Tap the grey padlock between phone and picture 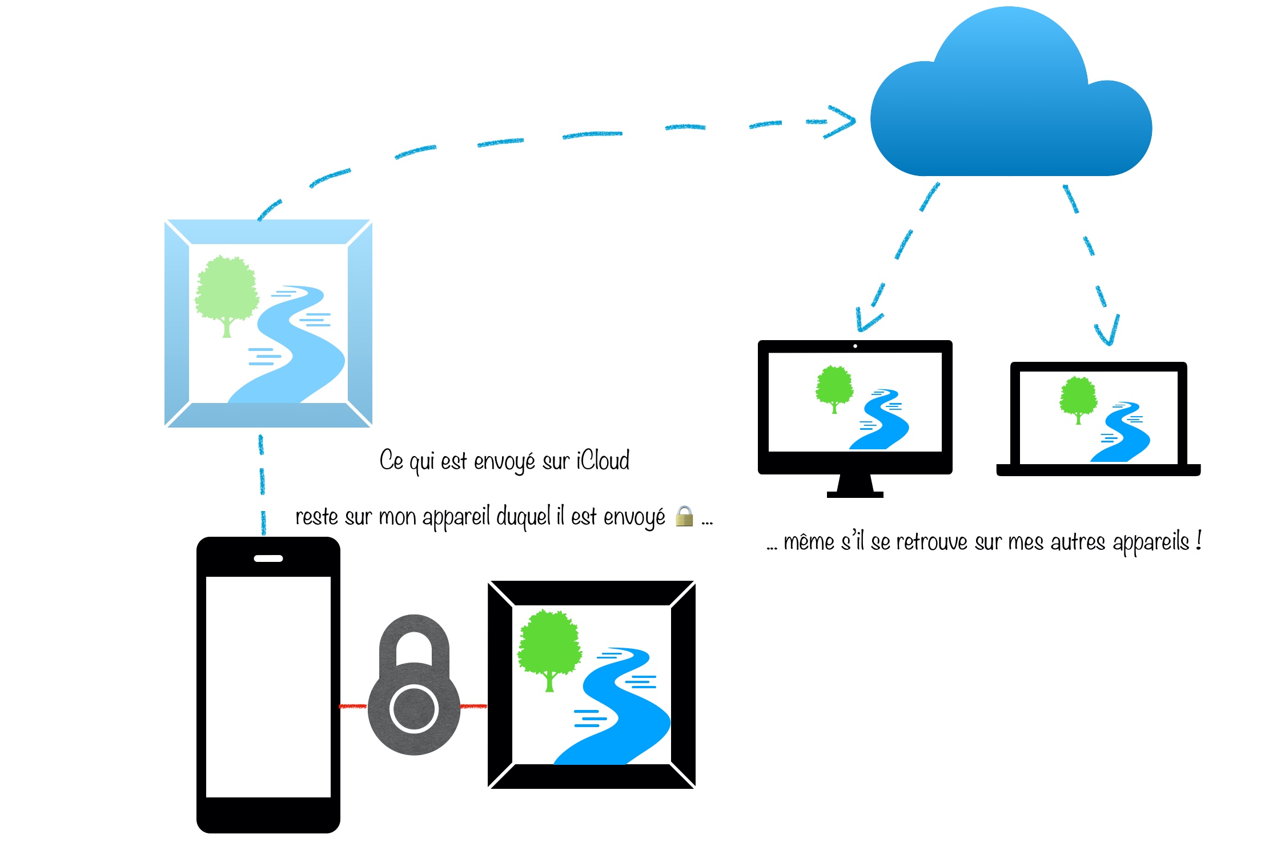click(414, 686)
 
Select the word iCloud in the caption click(603, 461)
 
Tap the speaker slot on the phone click(268, 558)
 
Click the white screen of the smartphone click(268, 686)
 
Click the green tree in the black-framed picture click(549, 646)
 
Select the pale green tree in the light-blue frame click(227, 292)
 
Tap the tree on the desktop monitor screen click(834, 386)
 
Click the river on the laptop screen click(1122, 437)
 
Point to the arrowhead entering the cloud click(842, 121)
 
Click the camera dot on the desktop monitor click(855, 346)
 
